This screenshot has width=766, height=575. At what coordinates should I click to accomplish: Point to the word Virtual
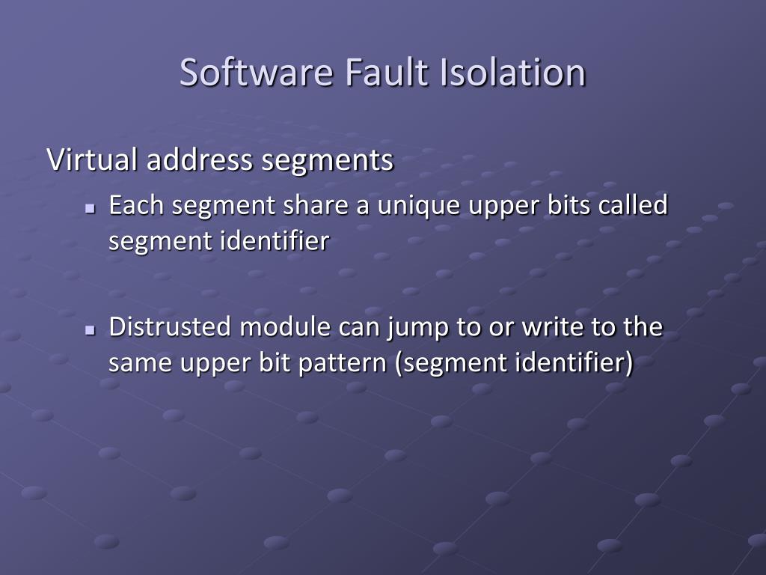[92, 160]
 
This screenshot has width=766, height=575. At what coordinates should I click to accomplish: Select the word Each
[137, 205]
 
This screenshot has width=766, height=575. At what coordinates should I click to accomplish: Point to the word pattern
[350, 364]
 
